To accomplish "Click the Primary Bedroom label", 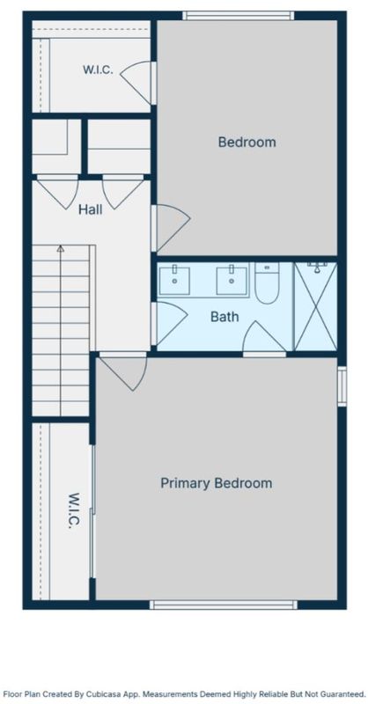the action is [x=216, y=483].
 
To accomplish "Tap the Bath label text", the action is [x=224, y=317].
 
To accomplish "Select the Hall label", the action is [x=91, y=209].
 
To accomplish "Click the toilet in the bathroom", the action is [x=267, y=282].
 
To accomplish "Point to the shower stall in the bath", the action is [x=315, y=306].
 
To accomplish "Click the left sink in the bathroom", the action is [x=174, y=280].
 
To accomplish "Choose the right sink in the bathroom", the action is [x=232, y=280].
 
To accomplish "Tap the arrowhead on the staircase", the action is [x=60, y=248].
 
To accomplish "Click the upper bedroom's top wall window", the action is [x=239, y=16].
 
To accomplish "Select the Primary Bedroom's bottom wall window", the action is [x=224, y=605].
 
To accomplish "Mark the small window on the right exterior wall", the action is [x=342, y=386].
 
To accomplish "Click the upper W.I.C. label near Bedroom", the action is [x=98, y=70].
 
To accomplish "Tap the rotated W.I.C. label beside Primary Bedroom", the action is [x=74, y=511].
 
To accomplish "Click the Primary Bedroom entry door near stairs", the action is [x=123, y=371].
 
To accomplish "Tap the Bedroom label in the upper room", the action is [x=247, y=143].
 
